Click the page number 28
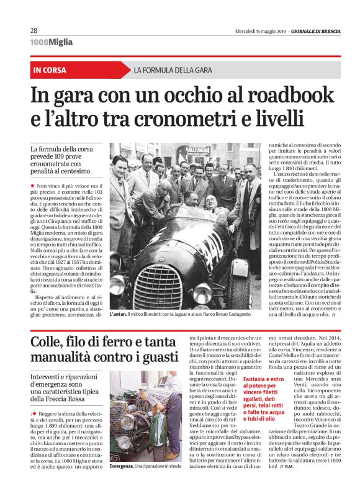[34, 30]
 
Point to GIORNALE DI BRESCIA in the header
[309, 30]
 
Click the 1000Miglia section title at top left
[52, 42]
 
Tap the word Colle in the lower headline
[48, 342]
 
